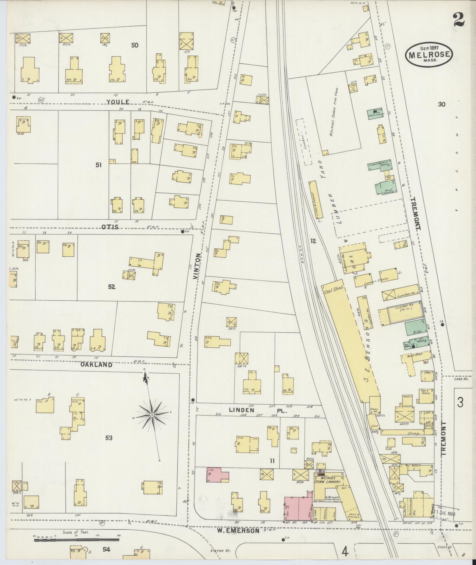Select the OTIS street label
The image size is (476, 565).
pos(110,227)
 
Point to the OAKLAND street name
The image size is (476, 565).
pos(96,365)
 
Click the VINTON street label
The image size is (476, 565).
pos(198,268)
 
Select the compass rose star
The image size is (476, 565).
pos(152,415)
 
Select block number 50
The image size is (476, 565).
pos(135,45)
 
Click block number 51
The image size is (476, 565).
pos(99,165)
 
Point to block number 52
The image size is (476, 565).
pos(111,286)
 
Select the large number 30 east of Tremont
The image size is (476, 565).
pos(441,104)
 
